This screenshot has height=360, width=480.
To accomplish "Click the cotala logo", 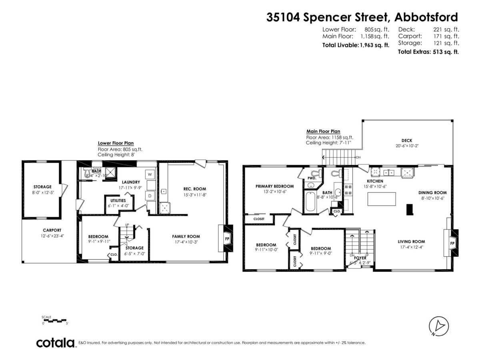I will coord(55,343).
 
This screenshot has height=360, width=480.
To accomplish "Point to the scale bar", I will coord(54,320).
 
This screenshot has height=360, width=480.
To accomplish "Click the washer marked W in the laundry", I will coord(150,174).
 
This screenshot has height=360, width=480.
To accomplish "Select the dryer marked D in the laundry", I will coord(150,196).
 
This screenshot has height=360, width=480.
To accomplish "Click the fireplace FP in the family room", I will coord(227,238).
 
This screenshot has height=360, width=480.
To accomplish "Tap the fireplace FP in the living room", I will coord(452,243).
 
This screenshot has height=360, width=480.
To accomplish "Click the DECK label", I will coord(406,140).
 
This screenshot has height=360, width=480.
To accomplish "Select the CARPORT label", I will coord(52,230).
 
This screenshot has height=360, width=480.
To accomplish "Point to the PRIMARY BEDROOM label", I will coord(274,186).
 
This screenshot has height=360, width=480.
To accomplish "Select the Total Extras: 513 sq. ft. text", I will coord(428,52).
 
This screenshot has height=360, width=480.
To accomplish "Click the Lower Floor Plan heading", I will coord(116,143).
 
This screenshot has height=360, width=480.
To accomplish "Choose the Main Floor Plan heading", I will coord(323,131).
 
